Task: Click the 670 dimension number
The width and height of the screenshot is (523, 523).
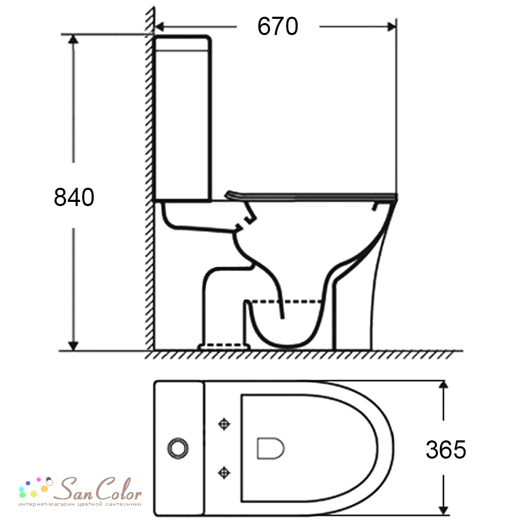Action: coord(278,26)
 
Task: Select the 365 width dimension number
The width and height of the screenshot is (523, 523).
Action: coord(446,450)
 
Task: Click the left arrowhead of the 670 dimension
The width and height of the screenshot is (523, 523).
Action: coord(160,26)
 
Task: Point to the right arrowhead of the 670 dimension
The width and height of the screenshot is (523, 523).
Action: coord(391,26)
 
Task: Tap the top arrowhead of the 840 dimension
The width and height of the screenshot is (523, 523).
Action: coord(73,39)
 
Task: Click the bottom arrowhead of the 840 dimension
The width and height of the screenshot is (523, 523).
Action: coord(73,346)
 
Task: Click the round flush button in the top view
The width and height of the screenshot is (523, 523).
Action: coord(178,448)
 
